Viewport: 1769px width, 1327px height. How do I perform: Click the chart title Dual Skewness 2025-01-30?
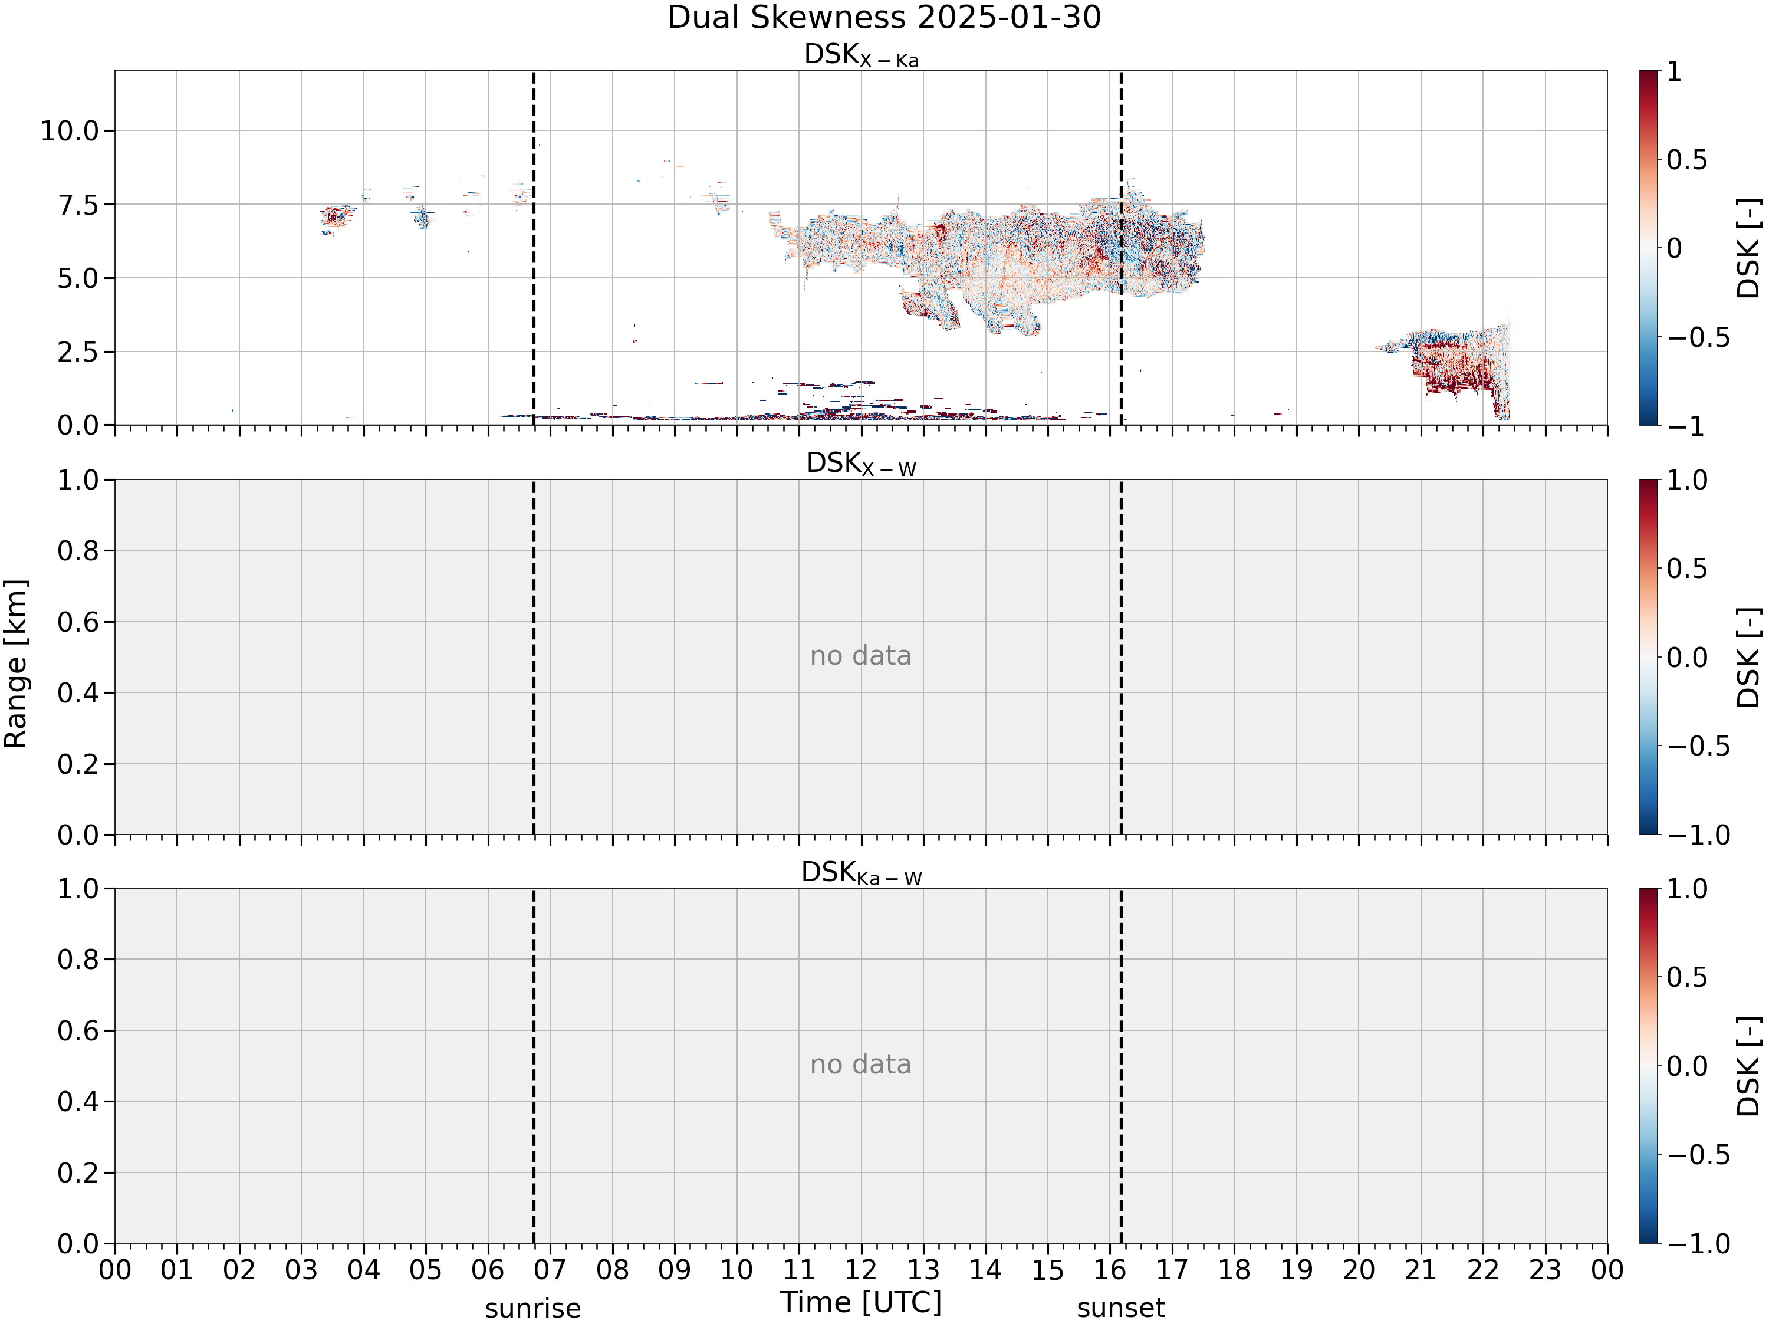[x=884, y=18]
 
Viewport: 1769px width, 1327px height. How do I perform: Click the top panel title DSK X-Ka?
[x=862, y=55]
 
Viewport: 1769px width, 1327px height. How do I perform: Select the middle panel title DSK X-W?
[x=862, y=464]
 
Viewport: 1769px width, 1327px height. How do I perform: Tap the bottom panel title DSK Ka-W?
[x=862, y=873]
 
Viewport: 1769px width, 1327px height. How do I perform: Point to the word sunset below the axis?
[x=1120, y=1309]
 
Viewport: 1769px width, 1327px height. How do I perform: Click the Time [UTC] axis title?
[x=862, y=1302]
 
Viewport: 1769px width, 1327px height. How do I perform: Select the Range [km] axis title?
[x=16, y=664]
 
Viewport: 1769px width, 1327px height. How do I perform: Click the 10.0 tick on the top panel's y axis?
[x=70, y=130]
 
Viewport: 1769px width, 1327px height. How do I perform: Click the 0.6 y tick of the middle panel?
[x=78, y=622]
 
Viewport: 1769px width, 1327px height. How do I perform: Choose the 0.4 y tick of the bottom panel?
[x=78, y=1102]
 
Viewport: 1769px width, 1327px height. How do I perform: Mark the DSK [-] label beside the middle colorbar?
[x=1750, y=658]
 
